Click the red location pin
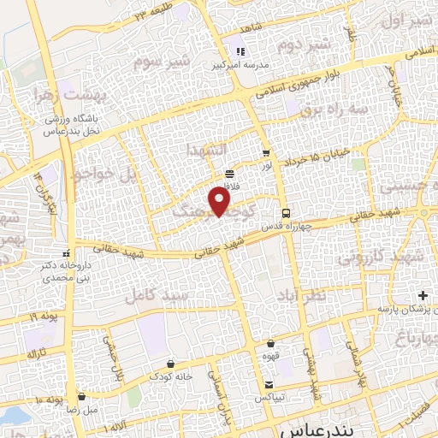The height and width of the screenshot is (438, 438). click(x=220, y=201)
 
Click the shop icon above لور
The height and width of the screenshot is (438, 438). click(x=265, y=154)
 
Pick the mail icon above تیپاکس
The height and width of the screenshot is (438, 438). click(x=269, y=385)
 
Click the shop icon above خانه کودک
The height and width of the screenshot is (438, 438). click(x=171, y=363)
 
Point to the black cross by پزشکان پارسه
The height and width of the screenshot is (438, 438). click(x=423, y=296)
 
